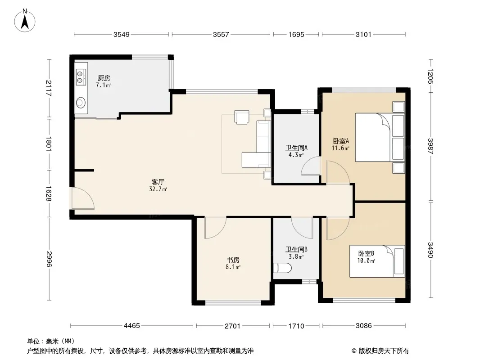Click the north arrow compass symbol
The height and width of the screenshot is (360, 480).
[25, 21]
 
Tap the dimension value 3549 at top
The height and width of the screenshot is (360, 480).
[122, 35]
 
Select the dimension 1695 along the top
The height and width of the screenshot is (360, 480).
[296, 35]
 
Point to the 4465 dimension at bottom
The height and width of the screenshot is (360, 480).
[131, 326]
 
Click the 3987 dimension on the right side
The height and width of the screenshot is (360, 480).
[430, 147]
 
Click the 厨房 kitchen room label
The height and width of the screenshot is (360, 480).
[104, 78]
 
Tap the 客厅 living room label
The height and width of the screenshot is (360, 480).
[158, 182]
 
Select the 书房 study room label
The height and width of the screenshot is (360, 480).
[233, 260]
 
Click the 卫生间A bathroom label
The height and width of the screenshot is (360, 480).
[296, 148]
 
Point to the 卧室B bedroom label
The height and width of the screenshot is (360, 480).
[366, 253]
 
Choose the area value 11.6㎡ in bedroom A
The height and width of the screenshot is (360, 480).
[340, 148]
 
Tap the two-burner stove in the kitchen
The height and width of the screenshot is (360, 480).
[81, 77]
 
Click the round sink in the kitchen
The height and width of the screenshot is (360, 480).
[81, 103]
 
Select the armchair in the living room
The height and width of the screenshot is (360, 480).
[241, 117]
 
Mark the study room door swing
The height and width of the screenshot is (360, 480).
[216, 228]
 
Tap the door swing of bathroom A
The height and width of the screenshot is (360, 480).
[310, 166]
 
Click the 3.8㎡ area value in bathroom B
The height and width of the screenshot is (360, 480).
[296, 257]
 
